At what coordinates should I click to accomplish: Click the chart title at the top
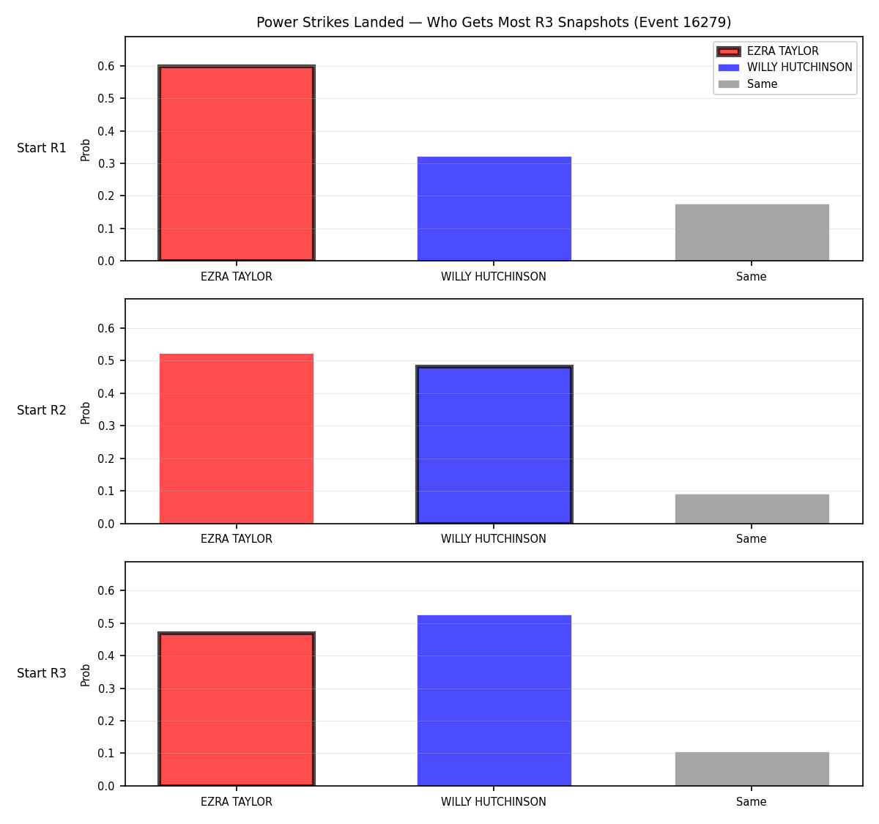[x=494, y=22]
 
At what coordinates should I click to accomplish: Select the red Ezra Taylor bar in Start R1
[x=237, y=163]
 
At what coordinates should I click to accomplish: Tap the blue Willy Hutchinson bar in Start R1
[x=494, y=209]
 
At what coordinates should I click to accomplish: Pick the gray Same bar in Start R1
[x=752, y=232]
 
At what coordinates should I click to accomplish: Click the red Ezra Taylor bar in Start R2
[x=237, y=438]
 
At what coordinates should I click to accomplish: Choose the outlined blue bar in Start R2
[x=494, y=445]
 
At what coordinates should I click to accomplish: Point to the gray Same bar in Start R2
[x=752, y=509]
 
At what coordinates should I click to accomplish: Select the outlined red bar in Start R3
[x=237, y=709]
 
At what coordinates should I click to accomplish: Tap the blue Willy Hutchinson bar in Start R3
[x=494, y=700]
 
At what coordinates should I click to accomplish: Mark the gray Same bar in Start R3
[x=752, y=769]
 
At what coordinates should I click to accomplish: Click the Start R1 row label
[x=41, y=148]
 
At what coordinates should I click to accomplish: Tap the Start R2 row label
[x=41, y=410]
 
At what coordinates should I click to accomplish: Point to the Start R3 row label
[x=41, y=673]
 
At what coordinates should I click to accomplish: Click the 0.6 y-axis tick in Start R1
[x=105, y=67]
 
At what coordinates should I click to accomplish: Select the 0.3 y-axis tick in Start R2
[x=105, y=426]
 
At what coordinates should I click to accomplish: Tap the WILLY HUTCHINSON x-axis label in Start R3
[x=494, y=802]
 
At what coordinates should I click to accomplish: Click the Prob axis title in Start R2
[x=85, y=412]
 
